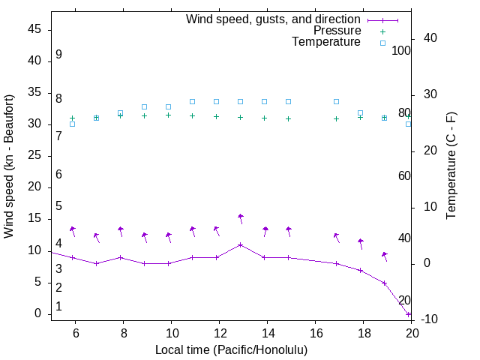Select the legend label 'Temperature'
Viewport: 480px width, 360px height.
(326, 42)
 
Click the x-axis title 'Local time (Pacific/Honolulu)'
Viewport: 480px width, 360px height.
(232, 350)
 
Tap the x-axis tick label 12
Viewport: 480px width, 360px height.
(219, 333)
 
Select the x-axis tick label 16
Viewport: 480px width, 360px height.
(315, 333)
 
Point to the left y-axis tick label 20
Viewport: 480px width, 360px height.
(34, 187)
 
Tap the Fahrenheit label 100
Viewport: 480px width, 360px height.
(402, 51)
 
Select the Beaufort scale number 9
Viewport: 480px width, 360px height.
(58, 55)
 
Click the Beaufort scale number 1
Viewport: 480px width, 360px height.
(58, 307)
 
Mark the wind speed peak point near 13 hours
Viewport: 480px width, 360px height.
(240, 244)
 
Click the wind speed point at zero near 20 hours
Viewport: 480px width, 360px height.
(409, 314)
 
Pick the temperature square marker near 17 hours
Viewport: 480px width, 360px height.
(336, 101)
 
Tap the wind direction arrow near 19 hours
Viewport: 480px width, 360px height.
(385, 256)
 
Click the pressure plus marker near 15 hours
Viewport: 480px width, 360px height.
(288, 118)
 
